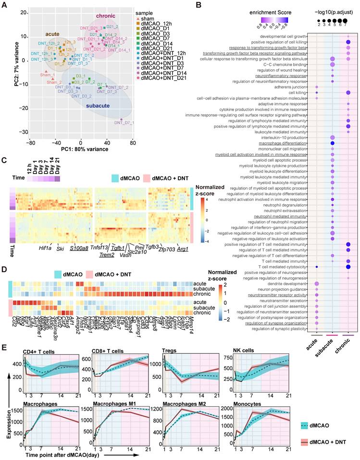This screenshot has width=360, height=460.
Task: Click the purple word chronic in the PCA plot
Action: tap(106, 16)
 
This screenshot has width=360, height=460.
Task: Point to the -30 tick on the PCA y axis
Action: tap(23, 132)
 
